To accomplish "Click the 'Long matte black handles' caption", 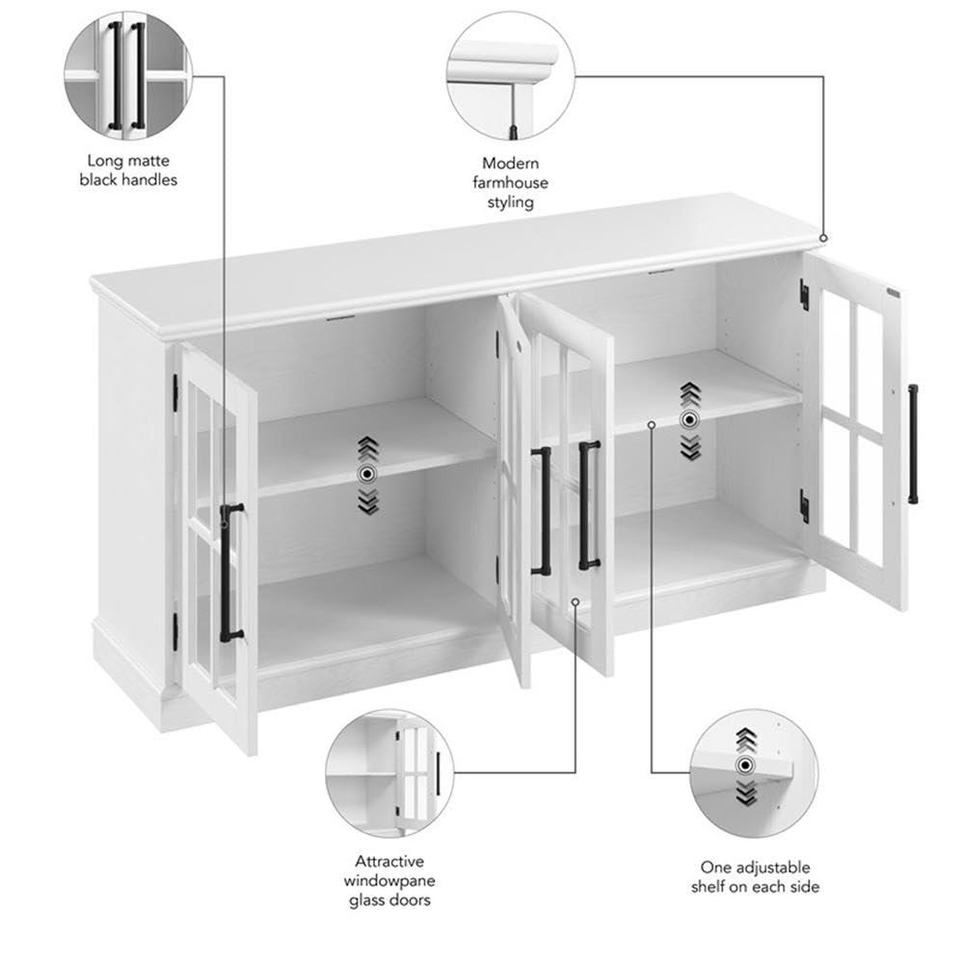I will tap(128, 171).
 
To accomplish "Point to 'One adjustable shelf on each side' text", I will tap(755, 877).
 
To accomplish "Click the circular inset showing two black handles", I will tap(128, 75).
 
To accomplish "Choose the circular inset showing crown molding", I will tap(510, 76).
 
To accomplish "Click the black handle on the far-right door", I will tap(912, 444).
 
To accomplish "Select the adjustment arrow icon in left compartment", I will tap(367, 473).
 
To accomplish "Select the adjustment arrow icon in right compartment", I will tap(688, 419).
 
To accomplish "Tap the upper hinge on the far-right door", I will tap(804, 294).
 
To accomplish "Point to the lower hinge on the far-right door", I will tap(804, 505).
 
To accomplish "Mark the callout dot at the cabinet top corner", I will tap(823, 237).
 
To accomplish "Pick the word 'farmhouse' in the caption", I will tap(510, 183).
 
